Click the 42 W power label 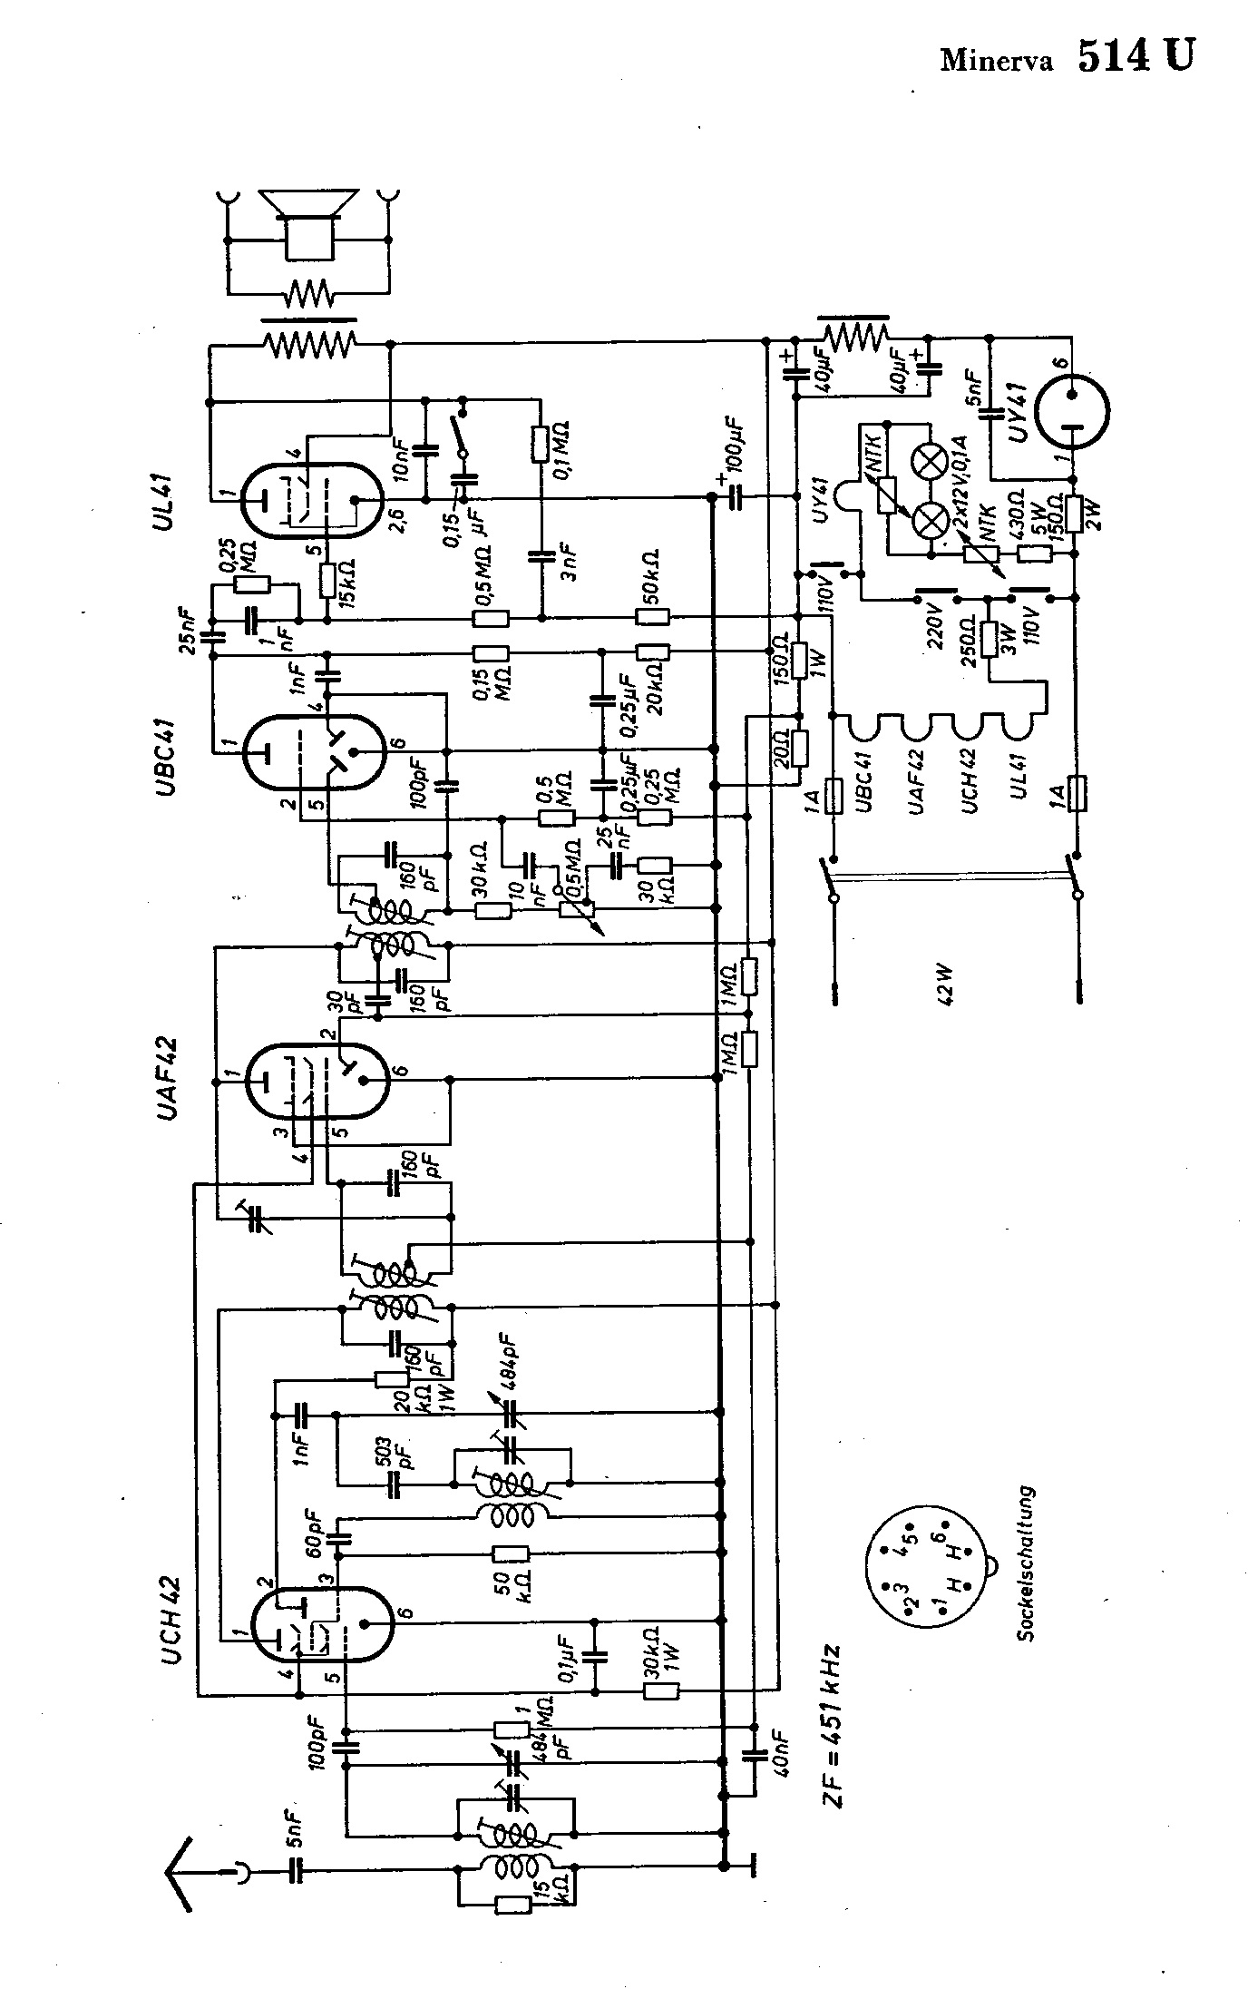[946, 979]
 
